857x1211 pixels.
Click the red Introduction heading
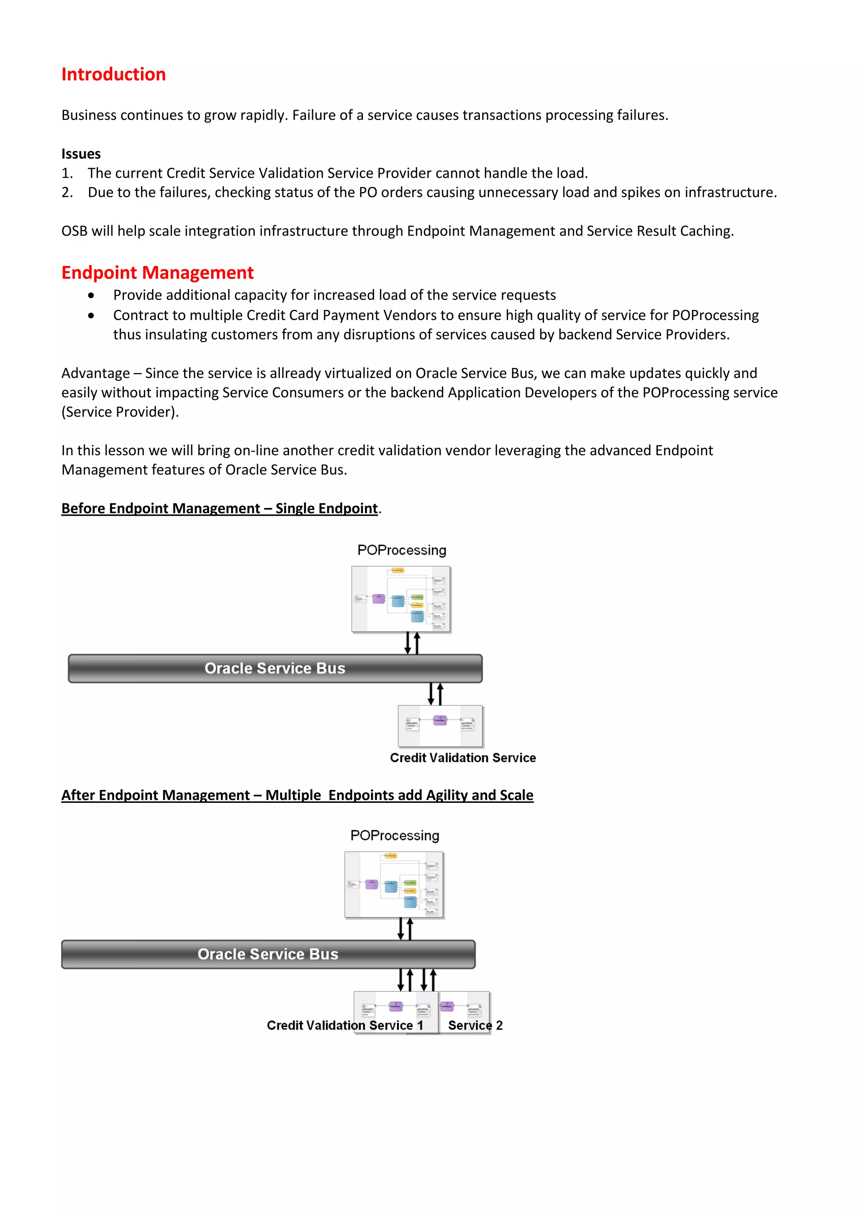tap(113, 74)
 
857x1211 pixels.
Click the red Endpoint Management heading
tap(157, 273)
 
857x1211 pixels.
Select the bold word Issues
tap(81, 154)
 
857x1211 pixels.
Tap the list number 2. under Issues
tap(67, 192)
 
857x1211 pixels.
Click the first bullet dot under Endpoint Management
tap(91, 295)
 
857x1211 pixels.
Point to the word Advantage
tap(95, 373)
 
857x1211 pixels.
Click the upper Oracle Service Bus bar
tap(275, 668)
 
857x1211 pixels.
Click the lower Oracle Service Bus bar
tap(268, 954)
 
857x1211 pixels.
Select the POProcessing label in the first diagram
tap(402, 550)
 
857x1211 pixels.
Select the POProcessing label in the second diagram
tap(395, 835)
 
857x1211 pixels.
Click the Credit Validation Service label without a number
tap(463, 758)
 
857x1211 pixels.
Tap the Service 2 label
tap(475, 1025)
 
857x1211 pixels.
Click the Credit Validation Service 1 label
tap(344, 1025)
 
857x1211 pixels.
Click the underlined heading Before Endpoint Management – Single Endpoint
tap(220, 508)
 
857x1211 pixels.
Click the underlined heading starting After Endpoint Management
tap(297, 795)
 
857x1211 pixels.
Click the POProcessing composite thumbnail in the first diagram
tap(401, 599)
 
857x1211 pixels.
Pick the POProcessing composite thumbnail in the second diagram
tap(394, 885)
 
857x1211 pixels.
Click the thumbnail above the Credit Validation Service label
tap(440, 726)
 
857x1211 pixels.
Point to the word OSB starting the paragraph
tap(74, 231)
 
